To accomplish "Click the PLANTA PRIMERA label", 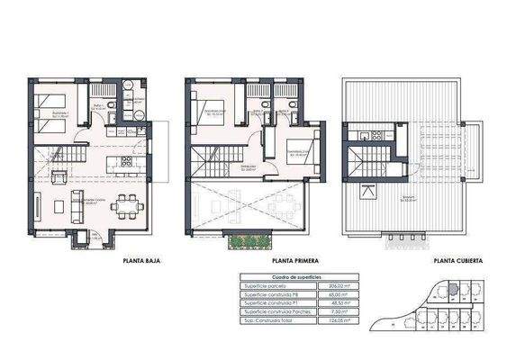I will tap(297, 262).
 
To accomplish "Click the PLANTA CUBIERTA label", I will tap(457, 262).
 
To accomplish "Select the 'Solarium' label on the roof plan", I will tap(410, 199).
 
